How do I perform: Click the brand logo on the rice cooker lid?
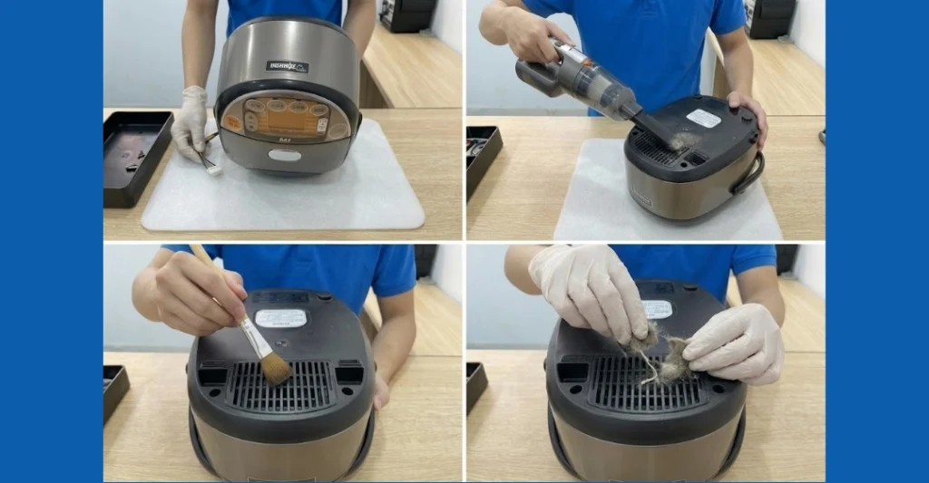click(287, 66)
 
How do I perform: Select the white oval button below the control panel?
click(285, 156)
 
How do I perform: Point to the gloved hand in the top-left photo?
click(190, 122)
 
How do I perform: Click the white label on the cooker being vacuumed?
click(703, 118)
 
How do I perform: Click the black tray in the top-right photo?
click(482, 159)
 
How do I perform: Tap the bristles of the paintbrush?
click(273, 367)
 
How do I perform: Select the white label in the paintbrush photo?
click(280, 318)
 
